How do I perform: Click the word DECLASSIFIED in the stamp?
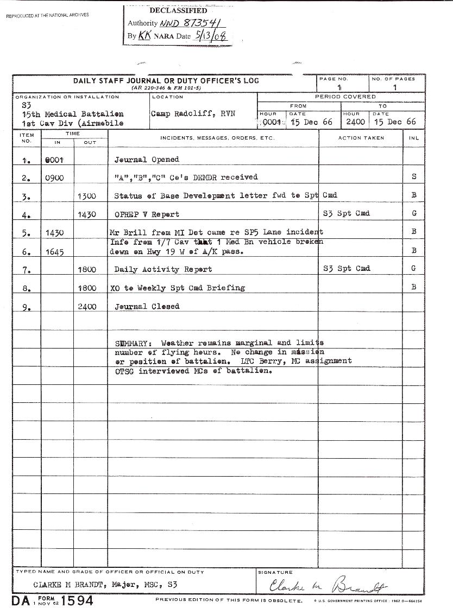178,10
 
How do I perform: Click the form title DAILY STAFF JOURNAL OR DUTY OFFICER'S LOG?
166,81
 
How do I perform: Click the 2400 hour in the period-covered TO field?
355,122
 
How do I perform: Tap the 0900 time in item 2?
55,178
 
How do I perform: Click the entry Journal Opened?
147,160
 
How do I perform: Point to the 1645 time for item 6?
55,251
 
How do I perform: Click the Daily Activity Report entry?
163,269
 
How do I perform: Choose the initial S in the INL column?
414,177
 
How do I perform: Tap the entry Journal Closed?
147,307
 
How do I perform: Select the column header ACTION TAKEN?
361,138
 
